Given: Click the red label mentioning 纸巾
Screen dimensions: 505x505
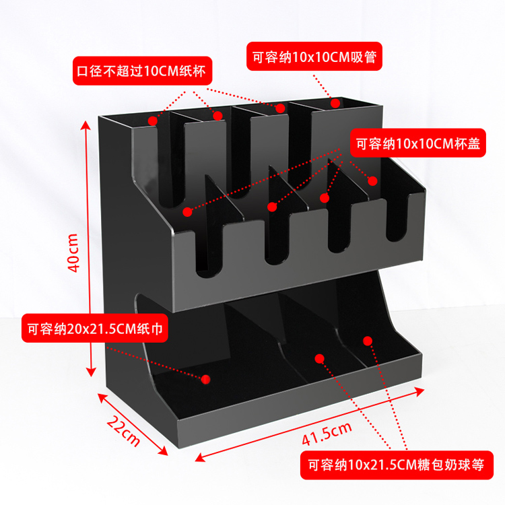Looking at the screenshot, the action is coord(94,329).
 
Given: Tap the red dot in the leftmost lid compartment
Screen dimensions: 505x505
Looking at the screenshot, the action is coord(187,211).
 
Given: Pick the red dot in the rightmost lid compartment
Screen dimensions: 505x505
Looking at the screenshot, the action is coord(372,180).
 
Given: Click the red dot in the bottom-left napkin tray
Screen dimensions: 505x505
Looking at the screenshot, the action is coord(206,380).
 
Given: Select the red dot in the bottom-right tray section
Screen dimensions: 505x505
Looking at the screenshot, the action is coord(368,340).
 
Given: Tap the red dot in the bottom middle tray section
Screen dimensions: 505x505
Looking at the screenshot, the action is coord(320,358).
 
